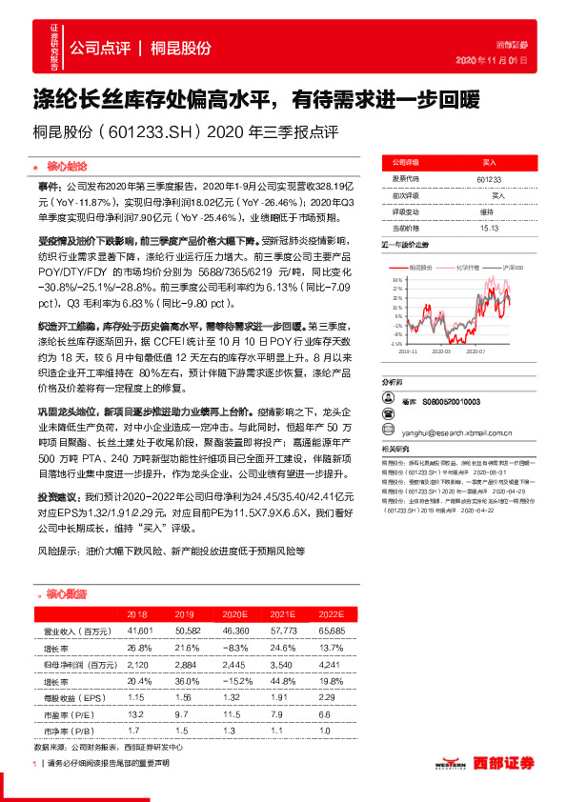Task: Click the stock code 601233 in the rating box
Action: pyautogui.click(x=488, y=178)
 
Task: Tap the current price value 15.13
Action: pyautogui.click(x=488, y=229)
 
